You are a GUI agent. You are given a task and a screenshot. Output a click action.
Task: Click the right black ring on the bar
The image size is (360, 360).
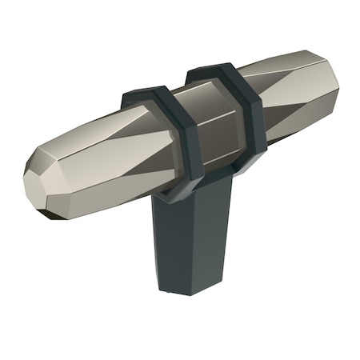coord(244,120)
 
